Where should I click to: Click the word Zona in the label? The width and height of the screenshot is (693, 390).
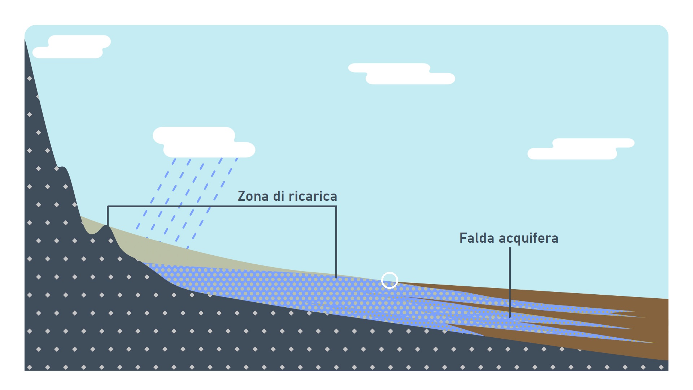pyautogui.click(x=253, y=196)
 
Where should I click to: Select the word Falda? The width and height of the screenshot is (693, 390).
pyautogui.click(x=477, y=238)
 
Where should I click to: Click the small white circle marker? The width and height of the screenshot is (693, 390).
pyautogui.click(x=389, y=280)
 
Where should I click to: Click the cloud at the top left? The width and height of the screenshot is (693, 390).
pyautogui.click(x=72, y=47)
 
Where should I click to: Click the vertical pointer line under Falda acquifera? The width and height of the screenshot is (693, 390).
pyautogui.click(x=510, y=282)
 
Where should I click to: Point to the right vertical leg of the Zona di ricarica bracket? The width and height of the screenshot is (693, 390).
pyautogui.click(x=336, y=242)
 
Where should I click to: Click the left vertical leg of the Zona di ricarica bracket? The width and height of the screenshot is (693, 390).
pyautogui.click(x=108, y=216)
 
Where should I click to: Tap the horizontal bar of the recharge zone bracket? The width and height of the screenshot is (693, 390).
pyautogui.click(x=222, y=207)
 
